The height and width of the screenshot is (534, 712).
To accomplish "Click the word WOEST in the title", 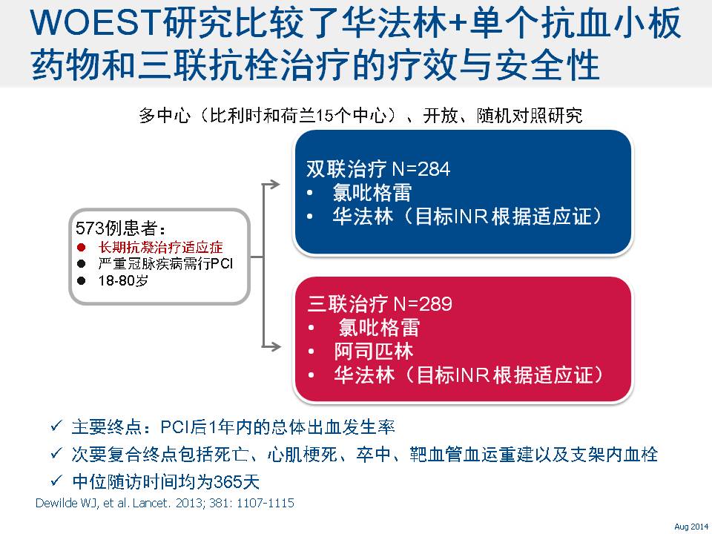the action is coord(94,23).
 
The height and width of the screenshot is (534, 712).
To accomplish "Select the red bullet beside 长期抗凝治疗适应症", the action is coord(82,248).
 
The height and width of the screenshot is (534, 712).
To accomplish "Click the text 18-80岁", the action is coord(123,280).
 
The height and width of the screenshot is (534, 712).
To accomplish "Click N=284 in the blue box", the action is coord(421,169).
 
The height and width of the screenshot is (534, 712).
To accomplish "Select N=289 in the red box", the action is coord(423,304).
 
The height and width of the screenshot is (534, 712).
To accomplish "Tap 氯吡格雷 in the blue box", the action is coord(372,193).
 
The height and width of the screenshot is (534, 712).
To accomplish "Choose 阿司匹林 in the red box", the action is coord(374,351).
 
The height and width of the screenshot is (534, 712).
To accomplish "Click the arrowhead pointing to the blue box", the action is coord(274,184).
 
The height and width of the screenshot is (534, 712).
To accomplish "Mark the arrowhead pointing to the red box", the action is coord(274,346).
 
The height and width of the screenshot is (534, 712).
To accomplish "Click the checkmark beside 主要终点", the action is coord(56,426).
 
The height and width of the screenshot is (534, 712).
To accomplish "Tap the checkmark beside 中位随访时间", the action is coord(56,480).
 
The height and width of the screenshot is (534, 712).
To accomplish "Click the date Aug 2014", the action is coord(690,527).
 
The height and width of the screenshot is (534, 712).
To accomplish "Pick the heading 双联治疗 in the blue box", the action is coord(346,169).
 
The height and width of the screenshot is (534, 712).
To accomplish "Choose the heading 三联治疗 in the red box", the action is coord(347,304).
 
